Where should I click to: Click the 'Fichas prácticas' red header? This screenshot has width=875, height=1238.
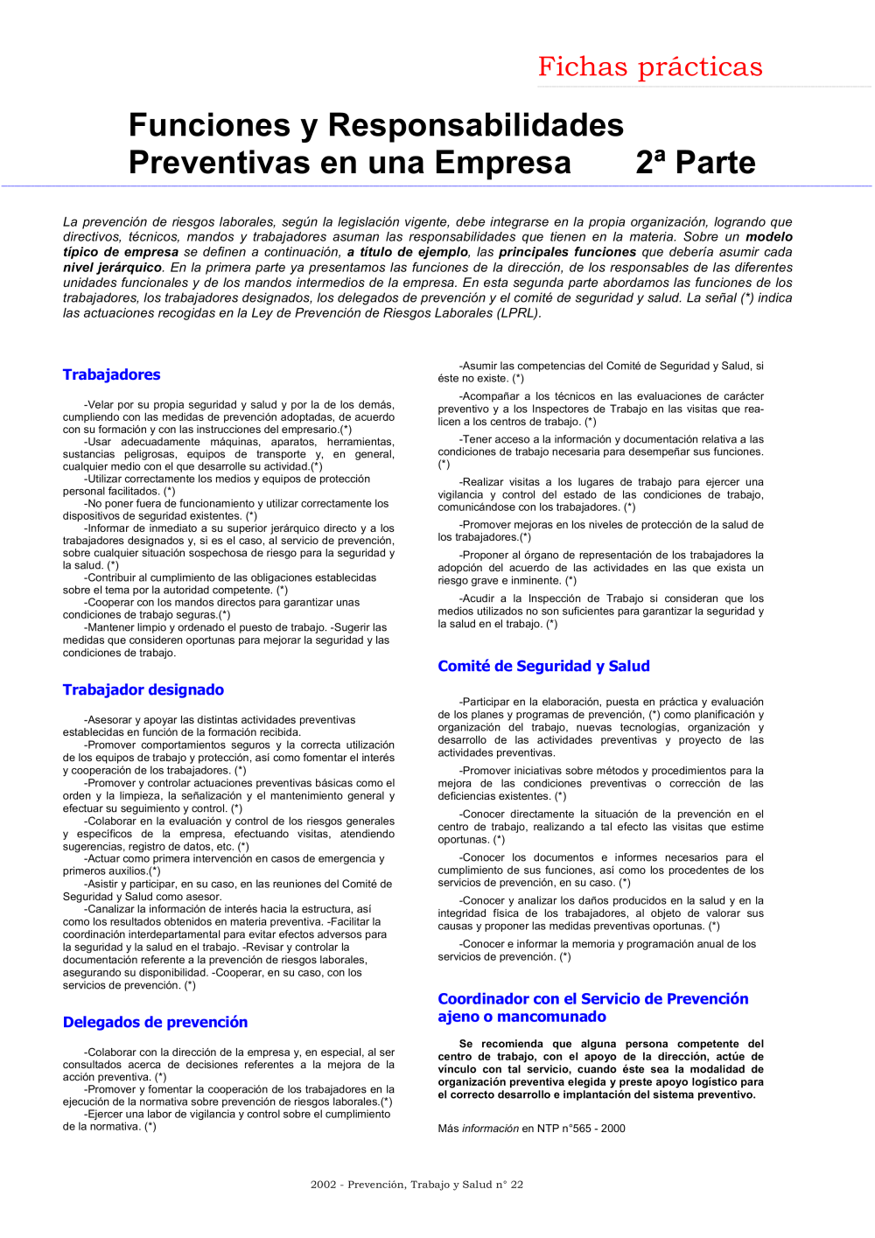[650, 67]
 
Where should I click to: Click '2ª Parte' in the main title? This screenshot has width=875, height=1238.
[696, 163]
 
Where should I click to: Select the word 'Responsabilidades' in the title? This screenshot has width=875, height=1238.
[475, 125]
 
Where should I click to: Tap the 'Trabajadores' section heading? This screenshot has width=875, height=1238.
[111, 374]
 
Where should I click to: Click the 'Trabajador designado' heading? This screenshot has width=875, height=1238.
[143, 689]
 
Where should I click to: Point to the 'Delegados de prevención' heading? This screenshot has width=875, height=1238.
[155, 1022]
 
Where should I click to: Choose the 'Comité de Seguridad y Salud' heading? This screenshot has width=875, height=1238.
[543, 666]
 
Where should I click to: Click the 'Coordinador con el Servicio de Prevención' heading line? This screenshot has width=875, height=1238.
[592, 999]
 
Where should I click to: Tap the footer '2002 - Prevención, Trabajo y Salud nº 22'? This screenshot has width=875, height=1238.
[416, 1185]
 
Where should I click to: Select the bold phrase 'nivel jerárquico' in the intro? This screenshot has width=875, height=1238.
[112, 268]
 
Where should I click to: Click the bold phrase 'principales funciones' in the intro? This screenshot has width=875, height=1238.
[567, 252]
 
